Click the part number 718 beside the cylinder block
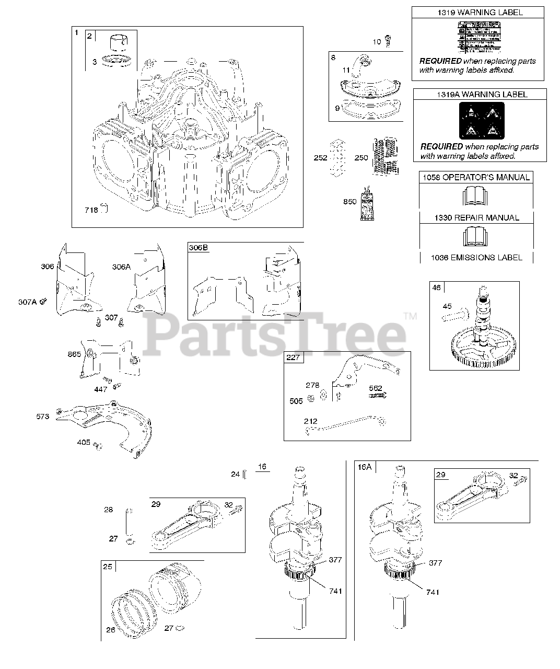91,210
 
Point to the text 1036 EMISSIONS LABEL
476,257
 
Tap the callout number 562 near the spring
375,388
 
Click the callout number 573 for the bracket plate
43,416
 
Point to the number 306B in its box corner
199,248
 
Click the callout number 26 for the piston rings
110,630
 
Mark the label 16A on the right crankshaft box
364,467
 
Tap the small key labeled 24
244,474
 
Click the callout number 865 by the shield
74,354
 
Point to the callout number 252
320,158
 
